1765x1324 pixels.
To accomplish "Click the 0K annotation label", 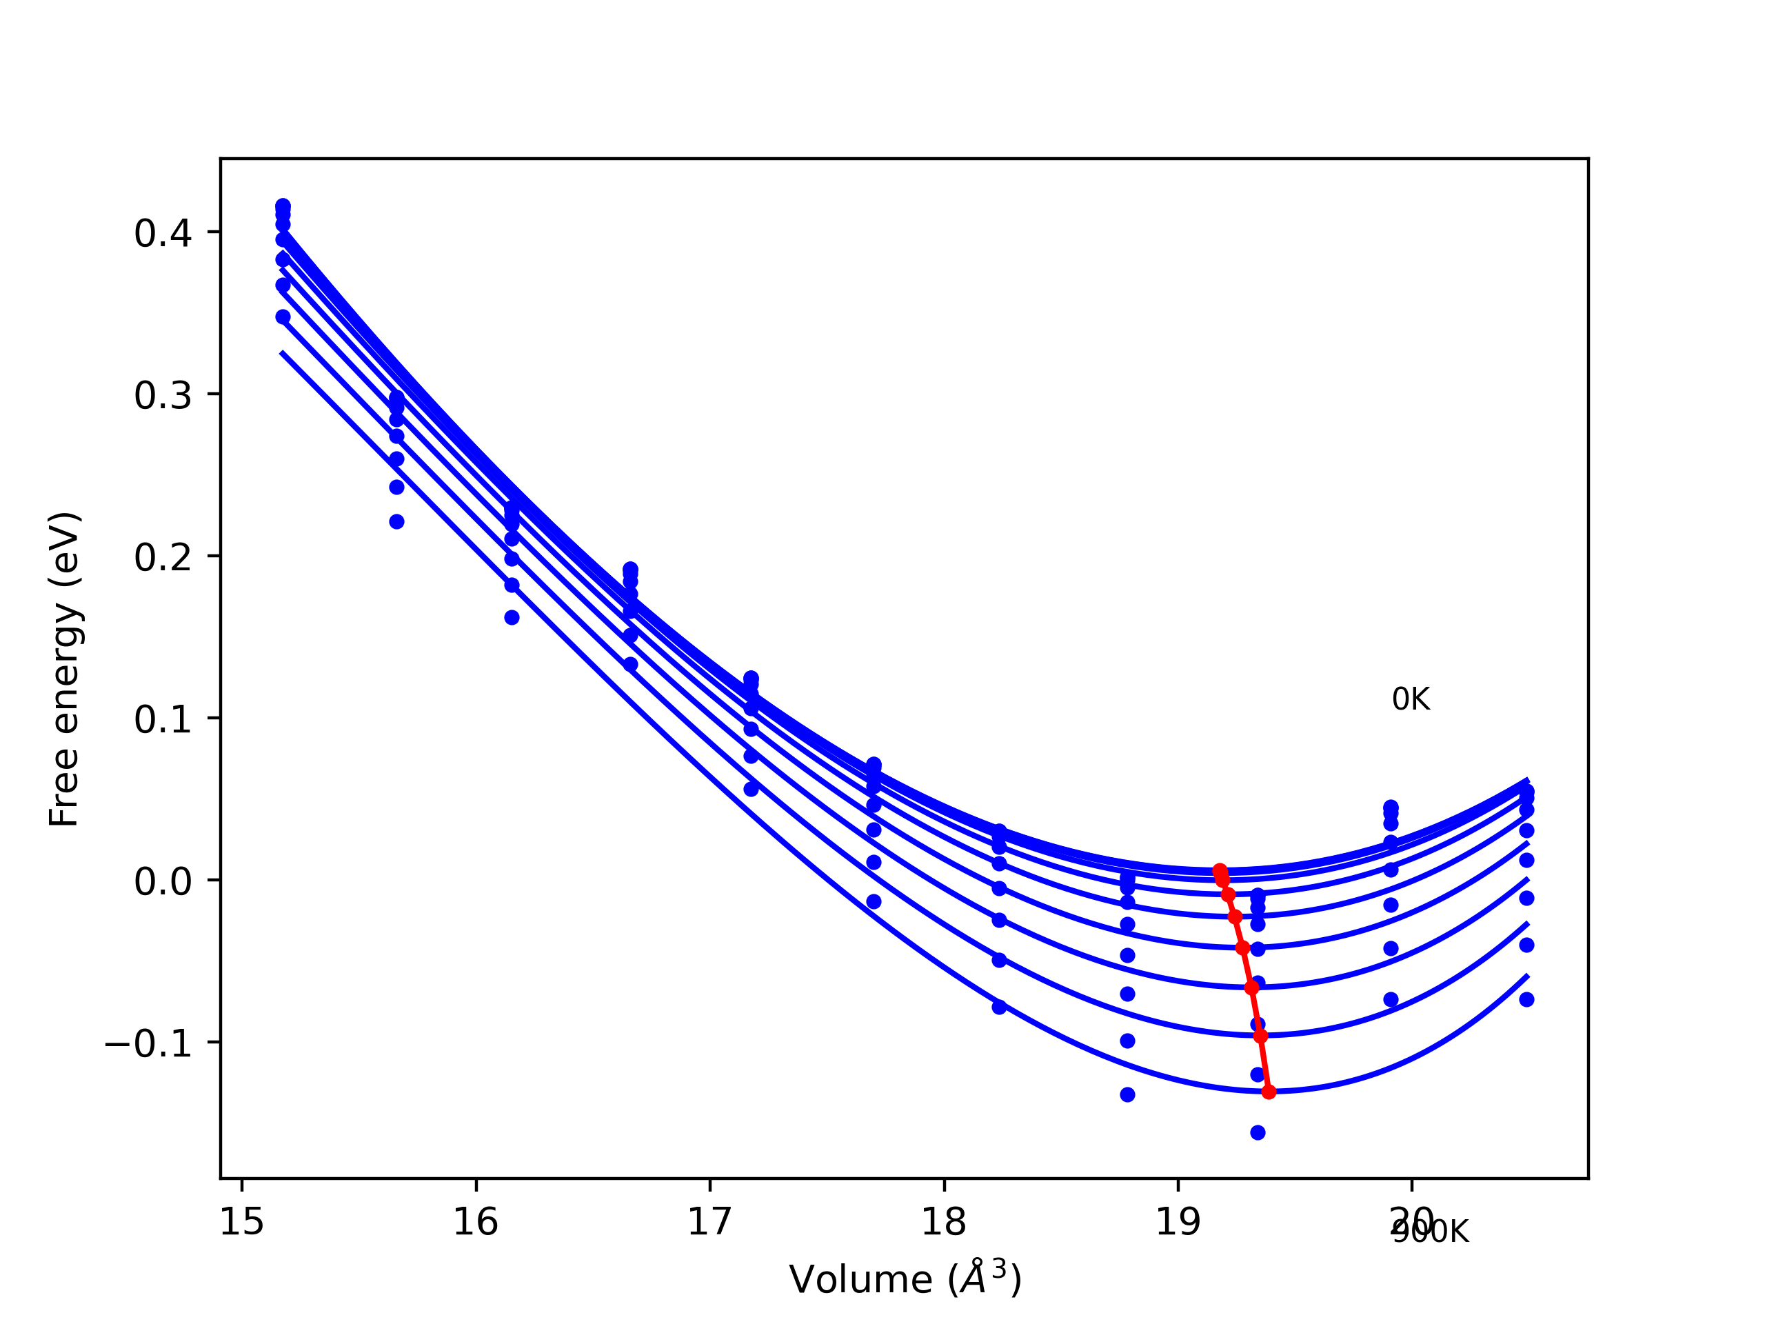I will (1410, 699).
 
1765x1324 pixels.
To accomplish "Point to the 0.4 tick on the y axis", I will (163, 234).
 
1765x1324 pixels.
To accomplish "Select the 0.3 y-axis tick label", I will (163, 396).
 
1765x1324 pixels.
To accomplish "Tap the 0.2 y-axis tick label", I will (163, 558).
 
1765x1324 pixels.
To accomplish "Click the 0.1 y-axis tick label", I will (163, 720).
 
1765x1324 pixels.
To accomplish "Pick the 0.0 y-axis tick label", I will (163, 882).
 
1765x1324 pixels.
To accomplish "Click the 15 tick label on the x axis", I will (242, 1222).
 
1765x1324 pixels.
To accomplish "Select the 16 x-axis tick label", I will (476, 1222).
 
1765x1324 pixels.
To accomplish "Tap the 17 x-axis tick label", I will (709, 1222).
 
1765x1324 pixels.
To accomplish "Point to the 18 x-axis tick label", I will (944, 1222).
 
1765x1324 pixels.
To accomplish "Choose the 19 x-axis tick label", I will (1178, 1222).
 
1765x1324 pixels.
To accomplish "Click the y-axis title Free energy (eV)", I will (64, 669).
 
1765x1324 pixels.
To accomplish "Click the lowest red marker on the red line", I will (1269, 1092).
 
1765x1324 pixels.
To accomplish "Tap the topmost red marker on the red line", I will (1219, 870).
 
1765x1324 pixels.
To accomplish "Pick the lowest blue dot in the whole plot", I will (1258, 1132).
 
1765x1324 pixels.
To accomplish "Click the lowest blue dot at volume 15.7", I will (396, 522).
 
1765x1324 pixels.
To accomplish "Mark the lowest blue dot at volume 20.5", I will (1526, 999).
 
